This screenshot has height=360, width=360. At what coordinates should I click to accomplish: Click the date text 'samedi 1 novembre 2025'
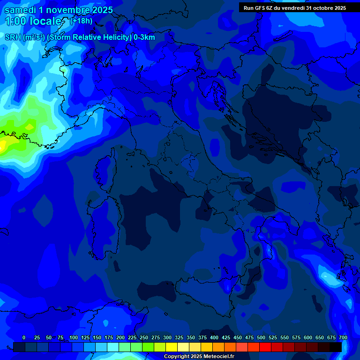58,10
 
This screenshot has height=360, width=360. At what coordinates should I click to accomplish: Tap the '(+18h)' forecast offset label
81,21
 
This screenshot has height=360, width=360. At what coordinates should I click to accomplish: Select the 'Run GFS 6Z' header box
294,7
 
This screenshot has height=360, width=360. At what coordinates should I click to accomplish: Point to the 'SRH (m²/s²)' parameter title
24,37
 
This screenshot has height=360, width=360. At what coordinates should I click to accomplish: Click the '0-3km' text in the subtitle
144,37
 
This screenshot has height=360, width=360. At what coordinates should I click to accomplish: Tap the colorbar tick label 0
24,337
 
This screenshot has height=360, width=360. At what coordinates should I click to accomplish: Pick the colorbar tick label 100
73,337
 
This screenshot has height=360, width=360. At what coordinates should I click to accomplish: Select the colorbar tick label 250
143,337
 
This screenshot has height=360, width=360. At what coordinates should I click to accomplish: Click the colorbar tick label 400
214,337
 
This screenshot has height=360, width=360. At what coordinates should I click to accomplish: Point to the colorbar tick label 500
261,337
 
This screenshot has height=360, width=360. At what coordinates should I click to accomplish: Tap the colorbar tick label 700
343,337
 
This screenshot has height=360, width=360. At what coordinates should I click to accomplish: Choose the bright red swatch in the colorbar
265,347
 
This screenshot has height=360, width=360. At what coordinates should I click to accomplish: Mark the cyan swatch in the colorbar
113,347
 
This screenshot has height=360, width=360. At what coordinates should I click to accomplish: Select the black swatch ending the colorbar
336,347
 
